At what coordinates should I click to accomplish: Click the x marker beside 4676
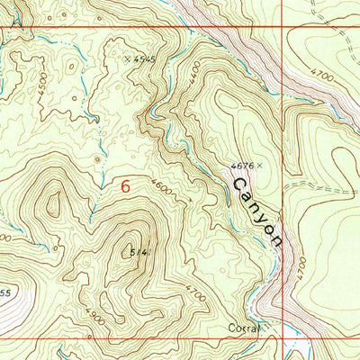[x=258, y=166]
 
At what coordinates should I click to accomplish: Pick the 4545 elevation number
[x=145, y=60]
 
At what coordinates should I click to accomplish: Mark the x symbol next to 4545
[x=128, y=59]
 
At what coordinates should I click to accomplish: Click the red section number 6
[x=125, y=186]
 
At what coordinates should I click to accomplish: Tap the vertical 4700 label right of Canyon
[x=301, y=267]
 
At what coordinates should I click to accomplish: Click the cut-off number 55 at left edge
[x=4, y=293]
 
